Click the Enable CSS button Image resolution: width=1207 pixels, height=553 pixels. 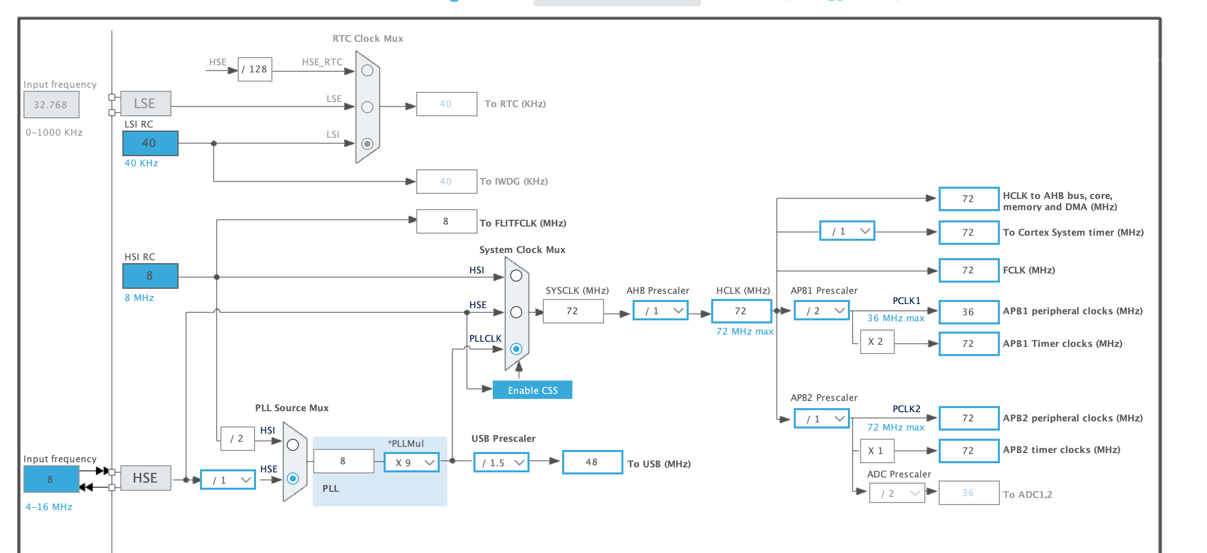532,390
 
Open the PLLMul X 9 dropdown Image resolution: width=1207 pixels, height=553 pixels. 412,462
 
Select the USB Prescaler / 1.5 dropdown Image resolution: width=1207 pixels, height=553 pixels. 501,462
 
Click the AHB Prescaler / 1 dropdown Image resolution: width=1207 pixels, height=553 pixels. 661,310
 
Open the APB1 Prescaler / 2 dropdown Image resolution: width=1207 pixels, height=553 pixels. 822,310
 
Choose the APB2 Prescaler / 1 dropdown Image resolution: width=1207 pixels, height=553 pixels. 822,418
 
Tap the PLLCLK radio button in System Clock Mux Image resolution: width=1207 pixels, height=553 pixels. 516,349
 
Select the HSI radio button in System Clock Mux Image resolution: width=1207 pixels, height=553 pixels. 516,275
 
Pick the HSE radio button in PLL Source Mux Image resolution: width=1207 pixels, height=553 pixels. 293,479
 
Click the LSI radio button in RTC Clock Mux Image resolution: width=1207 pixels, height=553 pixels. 367,144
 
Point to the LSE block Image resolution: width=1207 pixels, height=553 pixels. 145,104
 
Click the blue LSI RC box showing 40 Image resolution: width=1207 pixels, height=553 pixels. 150,143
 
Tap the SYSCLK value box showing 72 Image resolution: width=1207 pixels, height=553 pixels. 573,311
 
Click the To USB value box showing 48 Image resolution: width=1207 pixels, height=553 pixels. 592,462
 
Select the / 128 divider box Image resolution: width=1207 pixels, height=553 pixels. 255,69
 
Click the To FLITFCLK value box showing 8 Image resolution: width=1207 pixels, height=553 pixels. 446,221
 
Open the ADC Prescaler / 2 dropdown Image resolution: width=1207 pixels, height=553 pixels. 897,493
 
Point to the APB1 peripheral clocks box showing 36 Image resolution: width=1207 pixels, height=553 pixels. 969,312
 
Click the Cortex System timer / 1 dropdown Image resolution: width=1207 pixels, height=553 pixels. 847,231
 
